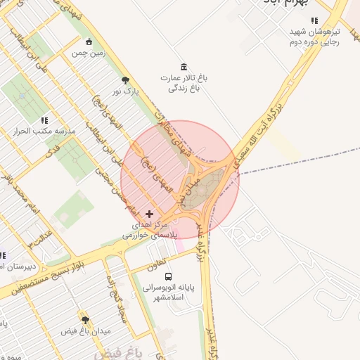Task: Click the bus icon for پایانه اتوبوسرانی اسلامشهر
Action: tap(167, 276)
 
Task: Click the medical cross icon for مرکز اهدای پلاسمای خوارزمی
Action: tap(148, 213)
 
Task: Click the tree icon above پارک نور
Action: tap(125, 80)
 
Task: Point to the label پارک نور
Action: tap(127, 91)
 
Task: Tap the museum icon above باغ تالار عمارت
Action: tap(184, 66)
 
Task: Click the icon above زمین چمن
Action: tap(89, 41)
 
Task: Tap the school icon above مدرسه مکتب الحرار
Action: tap(44, 120)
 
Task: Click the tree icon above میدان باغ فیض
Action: tap(86, 319)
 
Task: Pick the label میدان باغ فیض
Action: tap(86, 330)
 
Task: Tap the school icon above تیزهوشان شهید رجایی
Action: tap(314, 21)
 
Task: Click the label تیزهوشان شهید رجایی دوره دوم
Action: tap(314, 37)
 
